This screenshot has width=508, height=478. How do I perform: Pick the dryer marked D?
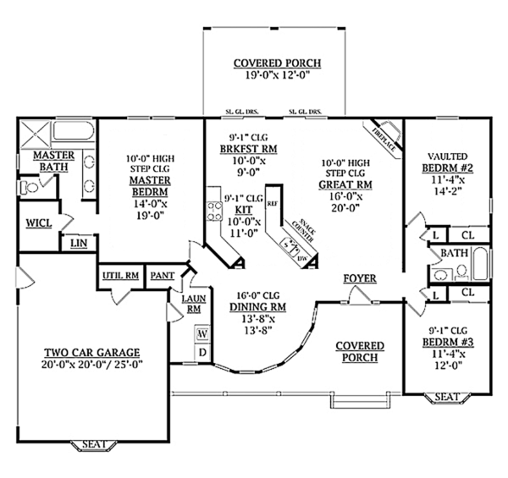(203, 350)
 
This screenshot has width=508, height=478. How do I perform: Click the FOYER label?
(359, 278)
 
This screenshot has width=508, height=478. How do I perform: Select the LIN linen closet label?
(79, 244)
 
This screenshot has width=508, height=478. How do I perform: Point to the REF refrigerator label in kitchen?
(273, 203)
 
